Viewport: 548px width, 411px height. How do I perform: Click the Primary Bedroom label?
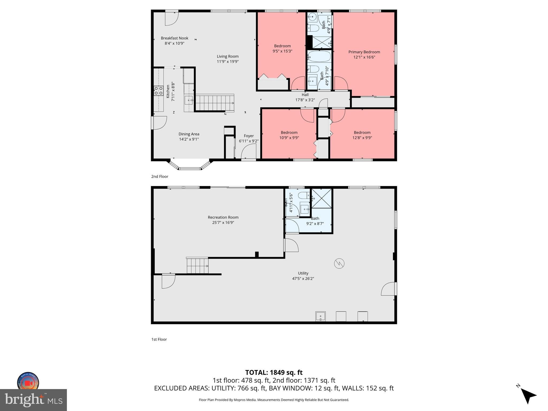click(x=364, y=52)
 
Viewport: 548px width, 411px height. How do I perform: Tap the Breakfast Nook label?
click(x=174, y=38)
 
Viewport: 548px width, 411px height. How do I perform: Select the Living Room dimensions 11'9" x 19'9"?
click(x=228, y=62)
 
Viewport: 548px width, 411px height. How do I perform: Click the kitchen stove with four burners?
click(x=158, y=91)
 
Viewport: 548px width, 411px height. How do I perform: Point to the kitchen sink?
click(x=189, y=100)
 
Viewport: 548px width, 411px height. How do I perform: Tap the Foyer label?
click(x=249, y=136)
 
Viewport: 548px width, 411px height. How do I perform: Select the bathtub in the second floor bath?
click(x=319, y=57)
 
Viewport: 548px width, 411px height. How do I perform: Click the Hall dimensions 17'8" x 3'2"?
click(x=305, y=100)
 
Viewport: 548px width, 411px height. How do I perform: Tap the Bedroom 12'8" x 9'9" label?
click(x=362, y=133)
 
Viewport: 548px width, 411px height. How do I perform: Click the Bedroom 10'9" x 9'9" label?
click(x=289, y=133)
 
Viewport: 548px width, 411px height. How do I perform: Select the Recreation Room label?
click(x=223, y=217)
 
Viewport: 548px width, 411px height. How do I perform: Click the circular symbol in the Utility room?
click(x=339, y=264)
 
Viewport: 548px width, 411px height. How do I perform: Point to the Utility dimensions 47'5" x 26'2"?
click(x=303, y=279)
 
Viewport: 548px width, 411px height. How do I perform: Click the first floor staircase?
click(x=197, y=265)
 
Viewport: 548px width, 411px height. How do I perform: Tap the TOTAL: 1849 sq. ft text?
click(x=274, y=372)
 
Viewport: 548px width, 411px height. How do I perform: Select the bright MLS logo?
click(x=33, y=400)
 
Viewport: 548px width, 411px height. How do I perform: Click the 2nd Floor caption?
click(x=160, y=177)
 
